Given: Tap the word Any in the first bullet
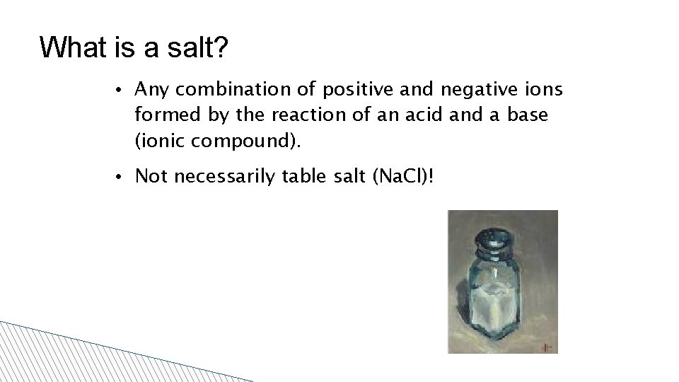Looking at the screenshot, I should pyautogui.click(x=151, y=90).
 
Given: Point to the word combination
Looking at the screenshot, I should pyautogui.click(x=234, y=90).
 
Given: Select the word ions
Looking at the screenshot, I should pyautogui.click(x=545, y=90).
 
